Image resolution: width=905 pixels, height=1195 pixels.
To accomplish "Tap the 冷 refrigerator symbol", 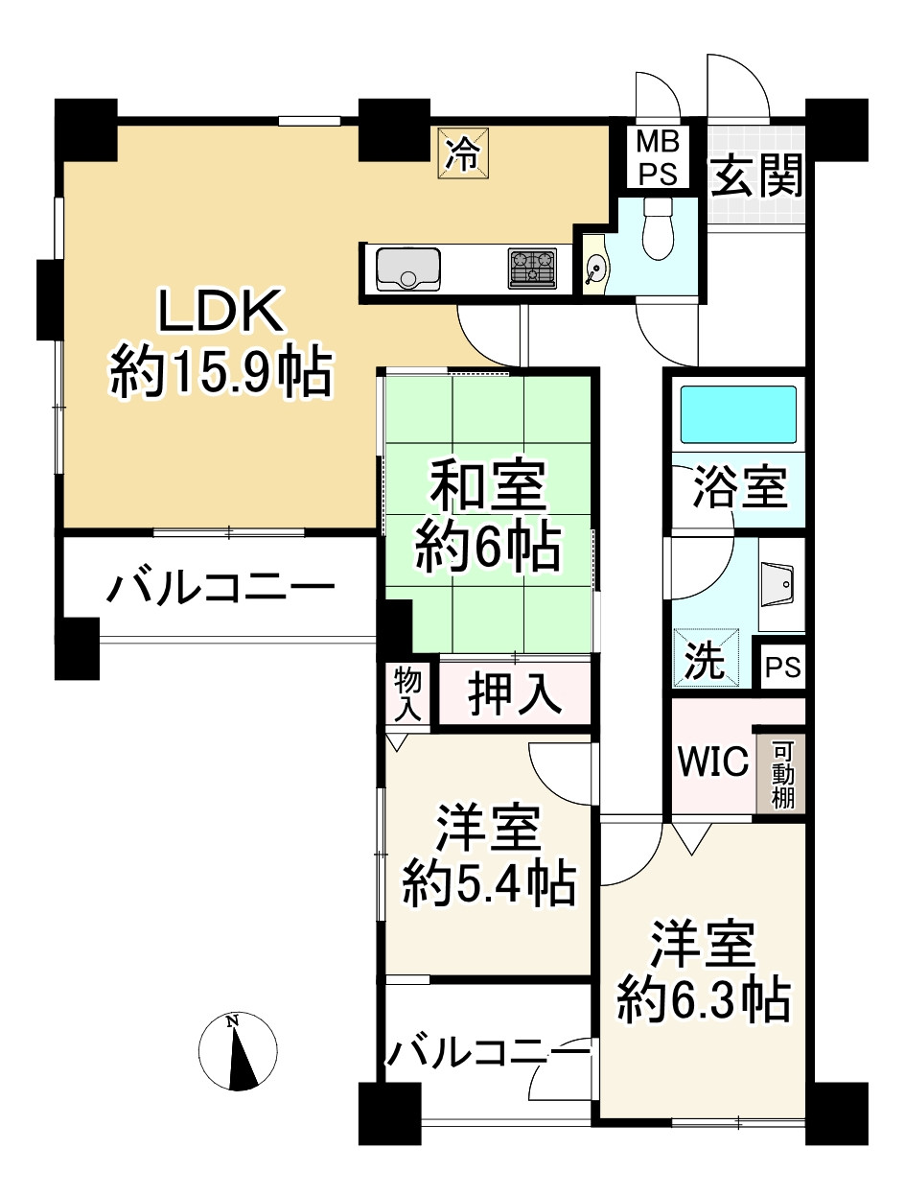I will [464, 152].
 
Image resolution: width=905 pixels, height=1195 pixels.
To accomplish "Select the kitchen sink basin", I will [408, 269].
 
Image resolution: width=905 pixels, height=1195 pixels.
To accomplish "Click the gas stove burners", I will [532, 269].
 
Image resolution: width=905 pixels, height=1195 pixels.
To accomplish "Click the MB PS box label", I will [659, 158].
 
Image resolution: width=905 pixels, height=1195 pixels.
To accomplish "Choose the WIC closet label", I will [712, 762].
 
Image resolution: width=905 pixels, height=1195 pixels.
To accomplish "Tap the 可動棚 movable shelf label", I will [783, 774].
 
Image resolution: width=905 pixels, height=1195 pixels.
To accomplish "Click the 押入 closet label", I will [514, 694].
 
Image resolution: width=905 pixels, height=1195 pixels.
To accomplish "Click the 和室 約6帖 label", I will [487, 518].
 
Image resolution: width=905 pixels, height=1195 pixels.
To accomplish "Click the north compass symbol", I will [238, 1051].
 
